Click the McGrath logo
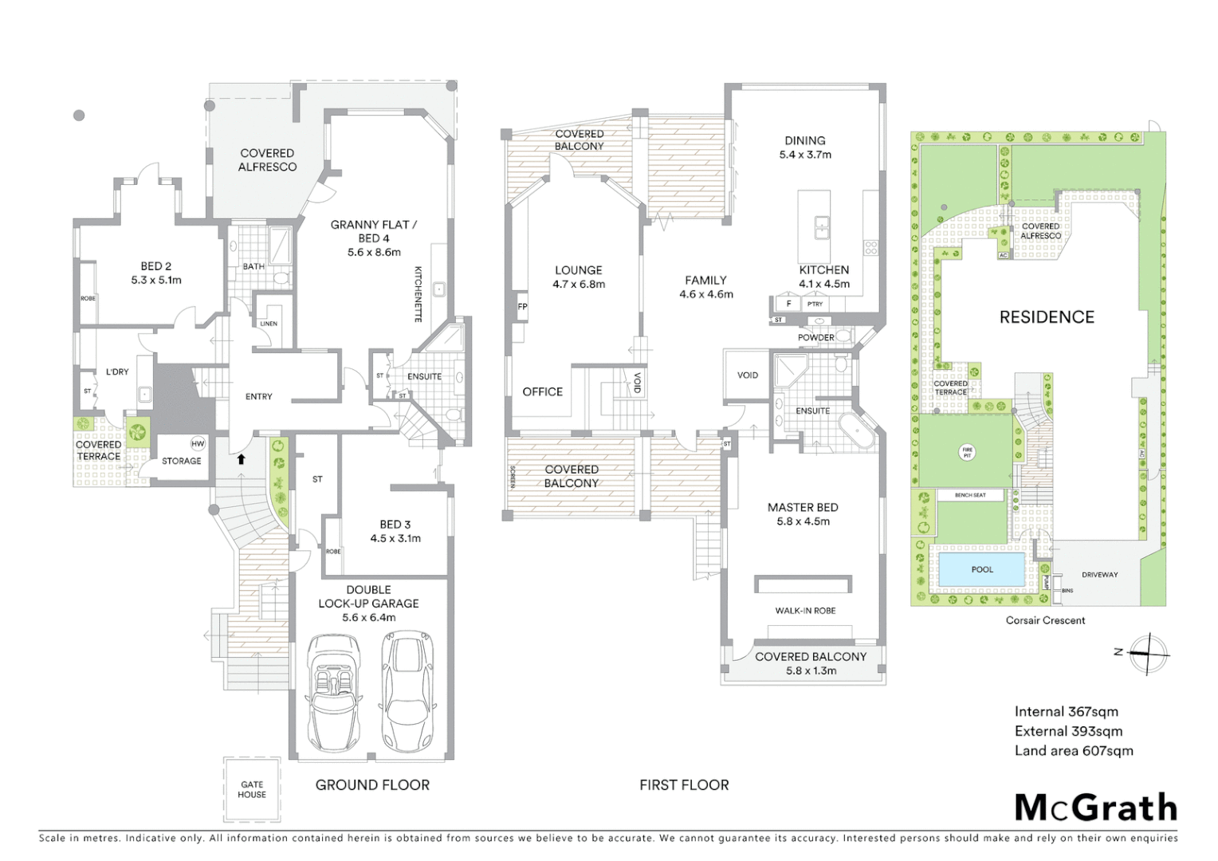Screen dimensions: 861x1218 (1095, 808)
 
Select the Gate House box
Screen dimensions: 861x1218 (252, 788)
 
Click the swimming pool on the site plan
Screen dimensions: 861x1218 (982, 569)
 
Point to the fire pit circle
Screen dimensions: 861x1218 (967, 452)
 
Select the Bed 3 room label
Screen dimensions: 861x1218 (395, 525)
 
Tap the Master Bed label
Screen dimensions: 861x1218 (803, 508)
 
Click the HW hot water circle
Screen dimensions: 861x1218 (198, 444)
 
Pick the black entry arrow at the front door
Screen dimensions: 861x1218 (241, 459)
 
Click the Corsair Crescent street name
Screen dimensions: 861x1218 (1045, 620)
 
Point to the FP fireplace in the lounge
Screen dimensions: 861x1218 (522, 307)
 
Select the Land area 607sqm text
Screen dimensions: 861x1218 (1073, 751)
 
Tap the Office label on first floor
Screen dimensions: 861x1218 (542, 391)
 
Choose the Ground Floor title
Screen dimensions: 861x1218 (372, 785)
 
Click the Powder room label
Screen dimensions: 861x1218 (816, 337)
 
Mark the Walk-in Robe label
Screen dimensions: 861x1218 (805, 611)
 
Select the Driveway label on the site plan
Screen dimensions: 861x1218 (1099, 575)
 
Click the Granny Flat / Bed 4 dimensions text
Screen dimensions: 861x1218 (374, 252)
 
